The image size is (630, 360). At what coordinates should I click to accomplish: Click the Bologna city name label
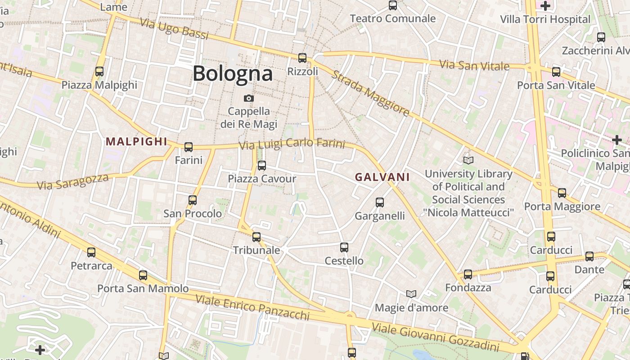pyautogui.click(x=233, y=74)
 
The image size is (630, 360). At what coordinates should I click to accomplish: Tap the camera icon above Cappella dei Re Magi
pyautogui.click(x=248, y=98)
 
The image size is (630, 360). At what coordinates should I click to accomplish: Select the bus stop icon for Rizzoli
pyautogui.click(x=302, y=58)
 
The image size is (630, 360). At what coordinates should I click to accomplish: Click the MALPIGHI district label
pyautogui.click(x=136, y=141)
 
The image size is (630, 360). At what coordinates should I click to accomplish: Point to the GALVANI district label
pyautogui.click(x=382, y=177)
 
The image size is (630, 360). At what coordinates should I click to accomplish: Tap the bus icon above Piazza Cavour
pyautogui.click(x=262, y=166)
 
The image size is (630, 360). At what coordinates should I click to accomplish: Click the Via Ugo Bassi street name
pyautogui.click(x=174, y=29)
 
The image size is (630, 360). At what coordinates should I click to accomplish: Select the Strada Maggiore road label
pyautogui.click(x=370, y=93)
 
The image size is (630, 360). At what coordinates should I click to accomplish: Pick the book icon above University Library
pyautogui.click(x=468, y=160)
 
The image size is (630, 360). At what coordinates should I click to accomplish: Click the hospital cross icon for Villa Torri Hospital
pyautogui.click(x=545, y=6)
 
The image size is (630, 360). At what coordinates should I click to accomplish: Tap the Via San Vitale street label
pyautogui.click(x=474, y=65)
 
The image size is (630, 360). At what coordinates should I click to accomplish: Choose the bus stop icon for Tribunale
pyautogui.click(x=256, y=237)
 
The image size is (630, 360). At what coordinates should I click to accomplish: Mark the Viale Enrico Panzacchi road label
pyautogui.click(x=252, y=307)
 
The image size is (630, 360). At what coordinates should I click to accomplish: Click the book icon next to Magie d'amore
pyautogui.click(x=411, y=294)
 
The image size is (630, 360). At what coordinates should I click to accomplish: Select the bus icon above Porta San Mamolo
pyautogui.click(x=143, y=275)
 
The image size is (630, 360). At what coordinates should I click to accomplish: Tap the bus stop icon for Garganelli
pyautogui.click(x=380, y=202)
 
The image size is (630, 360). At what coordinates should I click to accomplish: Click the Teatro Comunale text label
pyautogui.click(x=392, y=18)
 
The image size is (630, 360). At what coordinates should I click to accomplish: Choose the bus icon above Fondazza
pyautogui.click(x=468, y=274)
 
